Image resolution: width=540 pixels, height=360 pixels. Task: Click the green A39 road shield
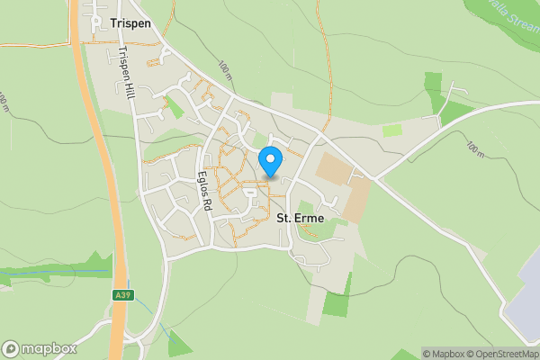point(121,294)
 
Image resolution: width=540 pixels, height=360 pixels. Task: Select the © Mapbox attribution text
point(444,354)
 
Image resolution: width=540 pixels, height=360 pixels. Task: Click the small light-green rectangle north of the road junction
point(392,130)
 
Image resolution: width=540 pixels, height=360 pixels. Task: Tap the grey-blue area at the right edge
point(525,306)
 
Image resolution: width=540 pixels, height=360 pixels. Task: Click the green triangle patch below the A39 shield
point(179,343)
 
